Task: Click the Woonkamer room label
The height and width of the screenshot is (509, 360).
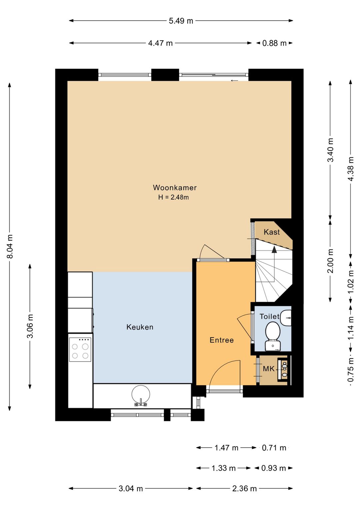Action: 175,188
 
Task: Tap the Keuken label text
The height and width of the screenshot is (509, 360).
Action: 140,327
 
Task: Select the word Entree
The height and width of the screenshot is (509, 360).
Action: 222,340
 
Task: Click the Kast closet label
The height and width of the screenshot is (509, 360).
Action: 272,232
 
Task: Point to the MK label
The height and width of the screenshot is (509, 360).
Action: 269,369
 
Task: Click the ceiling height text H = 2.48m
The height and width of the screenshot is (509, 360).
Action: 174,197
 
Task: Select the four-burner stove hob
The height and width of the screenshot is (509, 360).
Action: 80,350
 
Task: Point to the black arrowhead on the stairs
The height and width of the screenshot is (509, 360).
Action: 274,249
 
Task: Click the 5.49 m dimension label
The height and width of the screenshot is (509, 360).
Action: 181,21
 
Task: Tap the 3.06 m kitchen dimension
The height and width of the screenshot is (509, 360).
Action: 30,326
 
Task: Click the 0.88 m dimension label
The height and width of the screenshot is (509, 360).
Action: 274,43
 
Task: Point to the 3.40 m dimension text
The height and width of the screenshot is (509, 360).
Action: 330,150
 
